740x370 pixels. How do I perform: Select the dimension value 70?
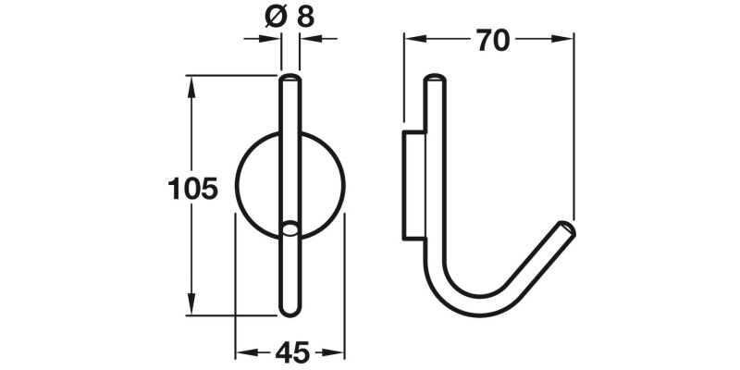pyautogui.click(x=490, y=40)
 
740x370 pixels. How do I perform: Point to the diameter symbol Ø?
pyautogui.click(x=264, y=15)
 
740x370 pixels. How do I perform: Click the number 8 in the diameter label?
pyautogui.click(x=304, y=15)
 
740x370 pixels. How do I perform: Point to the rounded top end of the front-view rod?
pyautogui.click(x=290, y=80)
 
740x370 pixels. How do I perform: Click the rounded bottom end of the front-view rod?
pyautogui.click(x=290, y=311)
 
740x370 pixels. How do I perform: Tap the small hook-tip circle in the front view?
pyautogui.click(x=290, y=227)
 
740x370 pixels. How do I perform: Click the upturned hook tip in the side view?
pyautogui.click(x=567, y=228)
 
